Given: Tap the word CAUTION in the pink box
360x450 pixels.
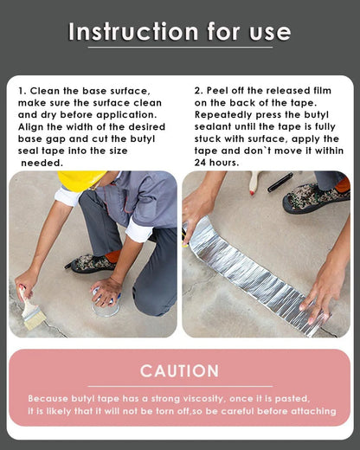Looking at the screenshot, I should pyautogui.click(x=180, y=371).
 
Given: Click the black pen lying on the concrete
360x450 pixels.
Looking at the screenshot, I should pyautogui.click(x=280, y=183).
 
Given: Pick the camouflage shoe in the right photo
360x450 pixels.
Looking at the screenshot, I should pyautogui.click(x=314, y=197).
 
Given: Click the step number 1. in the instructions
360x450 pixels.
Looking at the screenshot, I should pyautogui.click(x=23, y=91).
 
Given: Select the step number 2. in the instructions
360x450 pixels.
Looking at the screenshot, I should pyautogui.click(x=199, y=90).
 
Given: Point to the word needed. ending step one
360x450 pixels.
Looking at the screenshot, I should pyautogui.click(x=42, y=162).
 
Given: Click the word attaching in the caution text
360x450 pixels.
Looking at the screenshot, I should pyautogui.click(x=311, y=410).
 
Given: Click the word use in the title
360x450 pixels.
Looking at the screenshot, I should pyautogui.click(x=268, y=32).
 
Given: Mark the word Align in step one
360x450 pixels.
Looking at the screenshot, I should pyautogui.click(x=33, y=126).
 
